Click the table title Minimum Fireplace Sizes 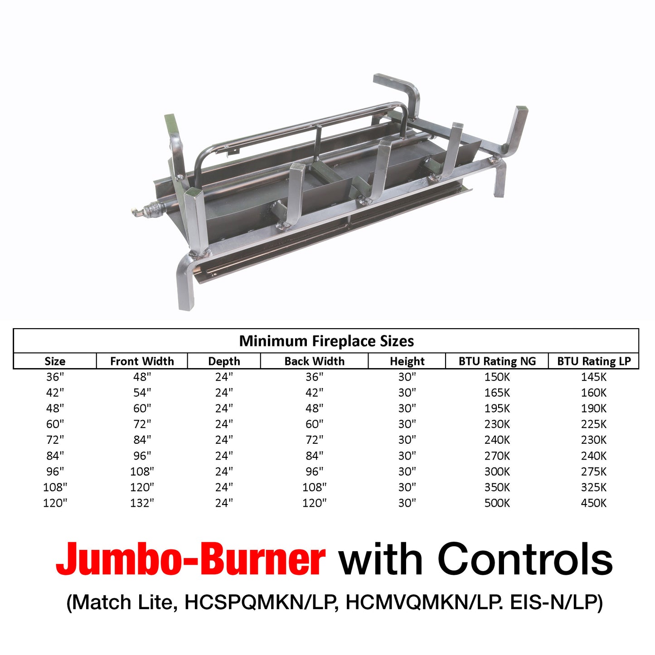[x=326, y=341]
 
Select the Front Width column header [x=142, y=361]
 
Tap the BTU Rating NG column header [x=497, y=361]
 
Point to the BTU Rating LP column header [x=594, y=361]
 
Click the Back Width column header [x=314, y=361]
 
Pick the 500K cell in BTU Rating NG [x=497, y=503]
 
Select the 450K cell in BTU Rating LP [x=593, y=503]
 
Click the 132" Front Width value [x=142, y=503]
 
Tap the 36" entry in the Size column [x=55, y=377]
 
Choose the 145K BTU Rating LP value [x=593, y=377]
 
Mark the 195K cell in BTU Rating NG [x=497, y=408]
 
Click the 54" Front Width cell [x=142, y=393]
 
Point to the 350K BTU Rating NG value [x=497, y=487]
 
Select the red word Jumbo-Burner [x=190, y=559]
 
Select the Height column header [x=407, y=361]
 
